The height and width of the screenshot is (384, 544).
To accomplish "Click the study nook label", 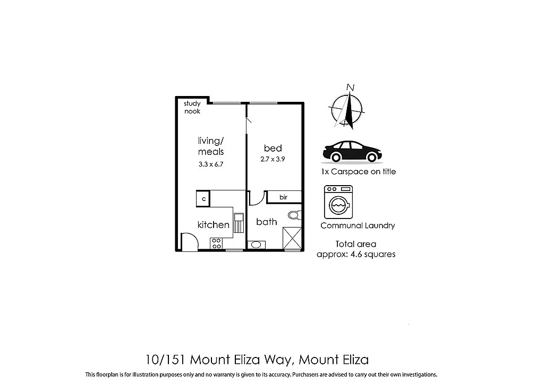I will tap(192, 107).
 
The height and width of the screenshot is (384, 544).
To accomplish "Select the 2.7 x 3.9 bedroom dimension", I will tap(273, 159).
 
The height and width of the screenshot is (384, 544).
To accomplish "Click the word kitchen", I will tap(213, 225).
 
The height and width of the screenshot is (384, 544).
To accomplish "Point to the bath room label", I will tap(266, 222).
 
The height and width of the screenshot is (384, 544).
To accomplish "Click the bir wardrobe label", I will tap(283, 197).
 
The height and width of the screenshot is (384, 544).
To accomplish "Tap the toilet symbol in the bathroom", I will tap(294, 215).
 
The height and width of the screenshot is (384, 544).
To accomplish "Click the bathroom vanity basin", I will tap(256, 245).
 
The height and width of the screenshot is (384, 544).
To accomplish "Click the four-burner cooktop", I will tap(216, 243).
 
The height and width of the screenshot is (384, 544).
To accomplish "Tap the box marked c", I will tap(203, 199).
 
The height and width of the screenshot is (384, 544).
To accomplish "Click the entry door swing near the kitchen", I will tap(189, 241).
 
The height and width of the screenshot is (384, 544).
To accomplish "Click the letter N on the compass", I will tap(350, 88).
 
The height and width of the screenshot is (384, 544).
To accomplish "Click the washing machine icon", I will tap(338, 202).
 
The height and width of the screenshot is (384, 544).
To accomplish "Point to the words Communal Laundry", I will tap(358, 225).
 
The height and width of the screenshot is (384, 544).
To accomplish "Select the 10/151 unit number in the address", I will tap(165, 360).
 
